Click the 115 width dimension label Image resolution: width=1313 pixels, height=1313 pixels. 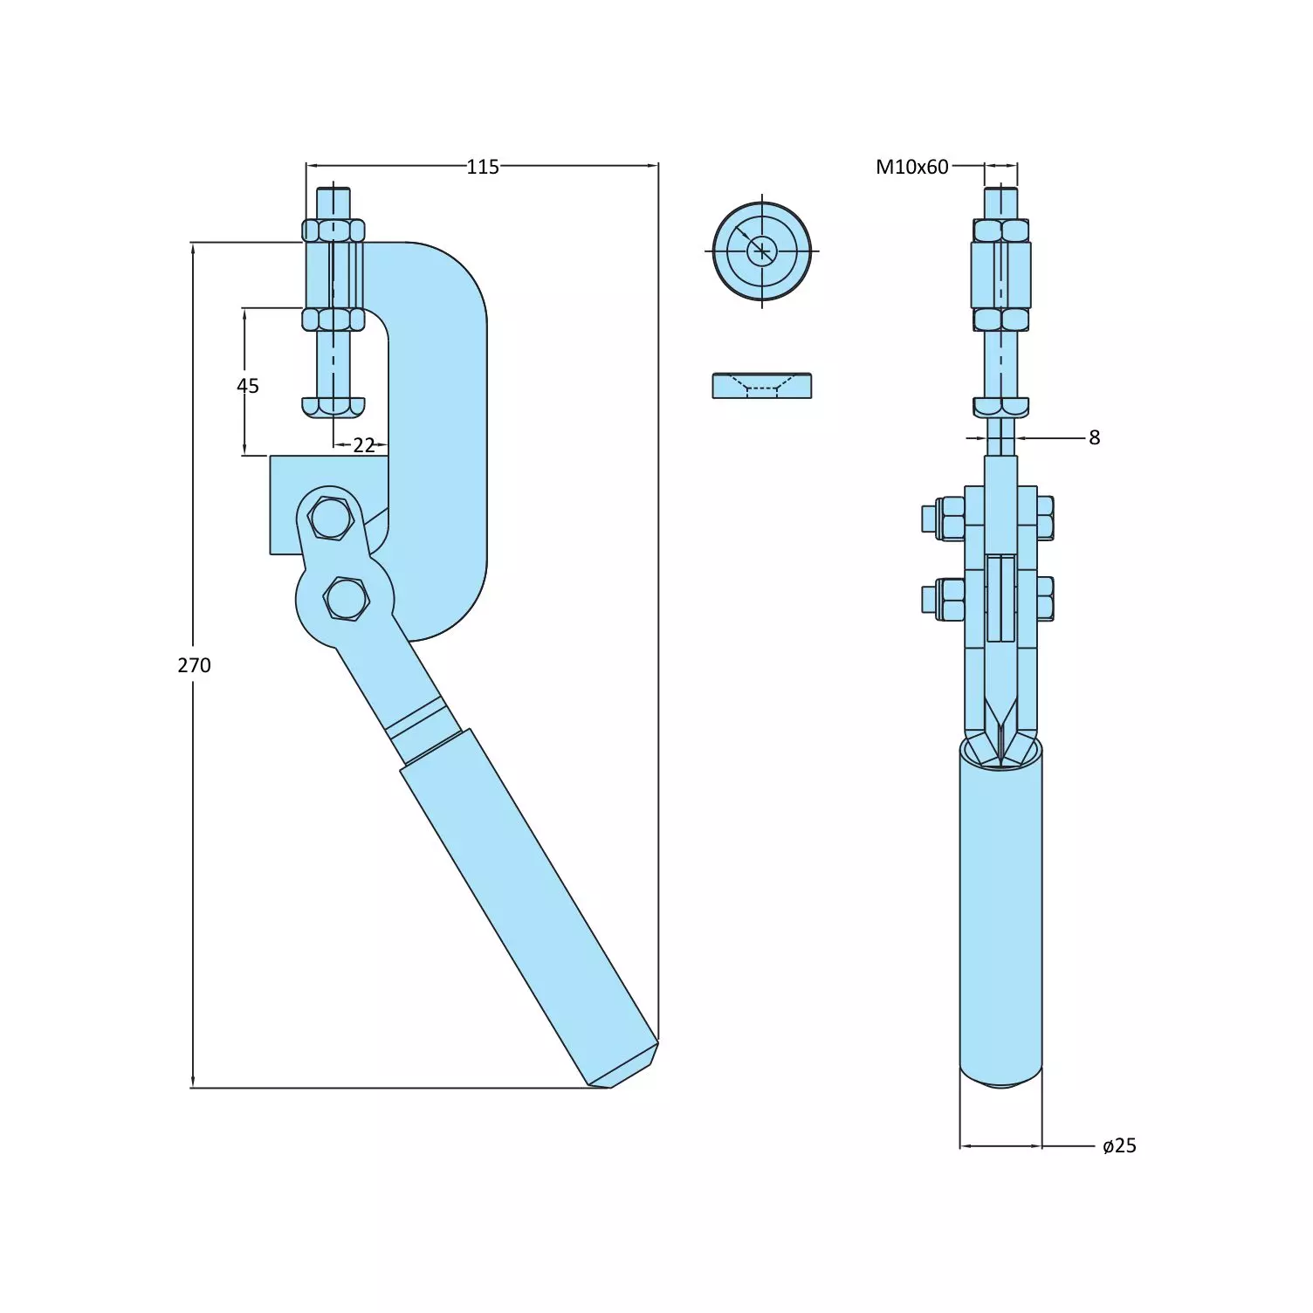click(482, 167)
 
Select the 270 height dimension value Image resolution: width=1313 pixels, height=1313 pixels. click(194, 665)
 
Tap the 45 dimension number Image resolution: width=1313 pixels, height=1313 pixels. click(248, 386)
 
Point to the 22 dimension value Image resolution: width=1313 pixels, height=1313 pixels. click(363, 445)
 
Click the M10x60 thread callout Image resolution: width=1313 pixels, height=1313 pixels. click(911, 167)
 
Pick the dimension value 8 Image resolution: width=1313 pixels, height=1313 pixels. click(1094, 437)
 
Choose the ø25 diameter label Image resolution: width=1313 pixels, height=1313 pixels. click(1119, 1145)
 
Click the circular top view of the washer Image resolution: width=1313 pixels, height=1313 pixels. click(761, 251)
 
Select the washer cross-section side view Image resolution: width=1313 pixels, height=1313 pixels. click(761, 386)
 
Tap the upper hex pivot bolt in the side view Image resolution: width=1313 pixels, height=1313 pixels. click(330, 519)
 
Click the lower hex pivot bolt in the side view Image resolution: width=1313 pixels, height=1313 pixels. click(347, 600)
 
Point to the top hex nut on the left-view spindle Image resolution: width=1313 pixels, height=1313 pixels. click(333, 230)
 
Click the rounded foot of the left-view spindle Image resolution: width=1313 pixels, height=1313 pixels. click(333, 407)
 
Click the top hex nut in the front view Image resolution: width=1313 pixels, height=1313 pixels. click(1000, 230)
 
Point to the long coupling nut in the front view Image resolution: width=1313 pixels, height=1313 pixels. click(1000, 275)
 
